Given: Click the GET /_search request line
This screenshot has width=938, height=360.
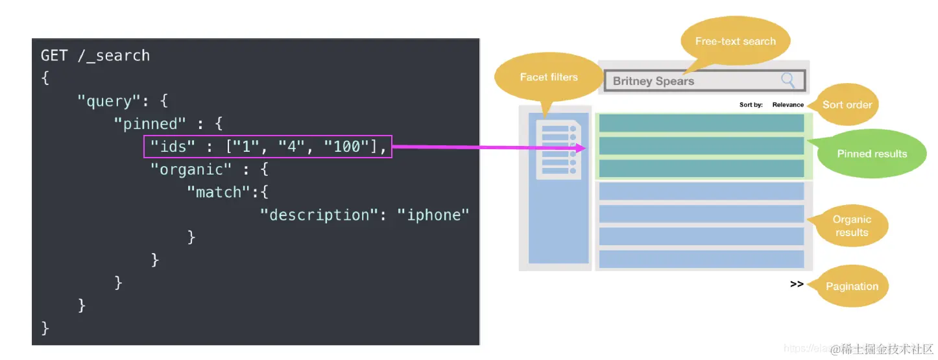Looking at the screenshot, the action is pos(95,56).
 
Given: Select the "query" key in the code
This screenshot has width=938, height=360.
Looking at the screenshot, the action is pos(104,101).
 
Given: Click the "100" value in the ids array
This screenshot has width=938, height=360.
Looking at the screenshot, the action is pos(347,147).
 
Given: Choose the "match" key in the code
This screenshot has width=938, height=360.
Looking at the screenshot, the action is pos(219,192).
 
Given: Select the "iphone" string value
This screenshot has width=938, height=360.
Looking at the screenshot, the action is pos(433,215).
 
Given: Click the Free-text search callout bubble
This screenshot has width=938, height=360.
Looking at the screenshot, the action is pos(735,42).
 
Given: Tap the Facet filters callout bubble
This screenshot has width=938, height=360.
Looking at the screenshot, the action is pos(548,77).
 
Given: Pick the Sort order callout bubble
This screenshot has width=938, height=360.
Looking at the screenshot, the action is pos(847,104).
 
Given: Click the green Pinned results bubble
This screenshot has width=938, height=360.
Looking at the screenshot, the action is pos(872,154).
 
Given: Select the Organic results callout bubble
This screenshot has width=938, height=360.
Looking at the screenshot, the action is pos(851,226).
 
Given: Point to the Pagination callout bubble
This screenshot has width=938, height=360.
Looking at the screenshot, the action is pos(851,286).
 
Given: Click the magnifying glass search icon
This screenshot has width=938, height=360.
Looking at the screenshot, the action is pos(788,80).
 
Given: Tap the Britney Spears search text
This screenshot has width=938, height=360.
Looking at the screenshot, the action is pos(653,81).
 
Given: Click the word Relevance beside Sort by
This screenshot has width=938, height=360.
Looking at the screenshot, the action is pos(788,104).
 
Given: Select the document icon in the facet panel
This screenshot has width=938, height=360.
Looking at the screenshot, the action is pos(557,150).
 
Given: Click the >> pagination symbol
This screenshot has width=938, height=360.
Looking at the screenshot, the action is pos(797,284).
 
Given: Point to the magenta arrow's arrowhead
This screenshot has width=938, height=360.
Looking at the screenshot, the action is pos(581,149).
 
